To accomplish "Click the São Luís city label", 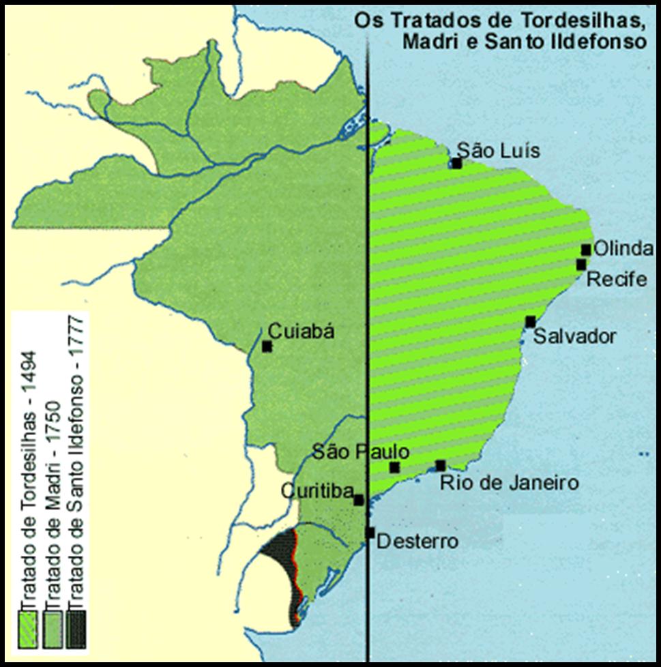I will coord(498,150).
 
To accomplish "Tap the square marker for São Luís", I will coord(456,163).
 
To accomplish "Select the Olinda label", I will coord(623,250).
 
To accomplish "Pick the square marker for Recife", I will coord(581,265).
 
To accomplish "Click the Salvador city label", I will coord(574,336).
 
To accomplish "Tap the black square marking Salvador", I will coord(530,322).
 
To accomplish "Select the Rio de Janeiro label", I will coord(509,484).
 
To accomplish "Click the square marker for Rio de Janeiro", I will coord(440,466).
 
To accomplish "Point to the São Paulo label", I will coord(360,451).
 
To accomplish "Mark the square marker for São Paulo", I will coord(394,467).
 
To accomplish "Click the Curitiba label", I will coord(317,492).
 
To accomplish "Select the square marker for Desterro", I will coord(370,533).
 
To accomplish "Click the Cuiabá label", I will coord(302,331).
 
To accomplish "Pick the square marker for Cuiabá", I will coord(267,346).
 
